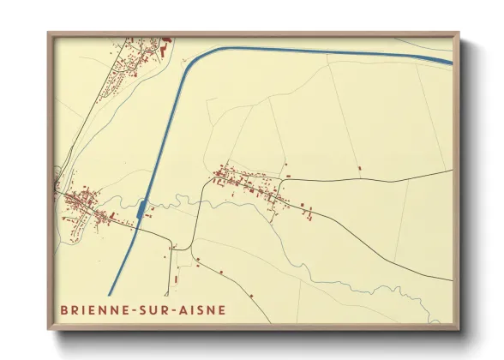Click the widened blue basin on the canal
[142, 209]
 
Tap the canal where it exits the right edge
[449, 61]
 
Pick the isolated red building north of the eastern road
[360, 167]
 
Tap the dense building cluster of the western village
[86, 206]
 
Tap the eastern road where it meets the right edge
[451, 170]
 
